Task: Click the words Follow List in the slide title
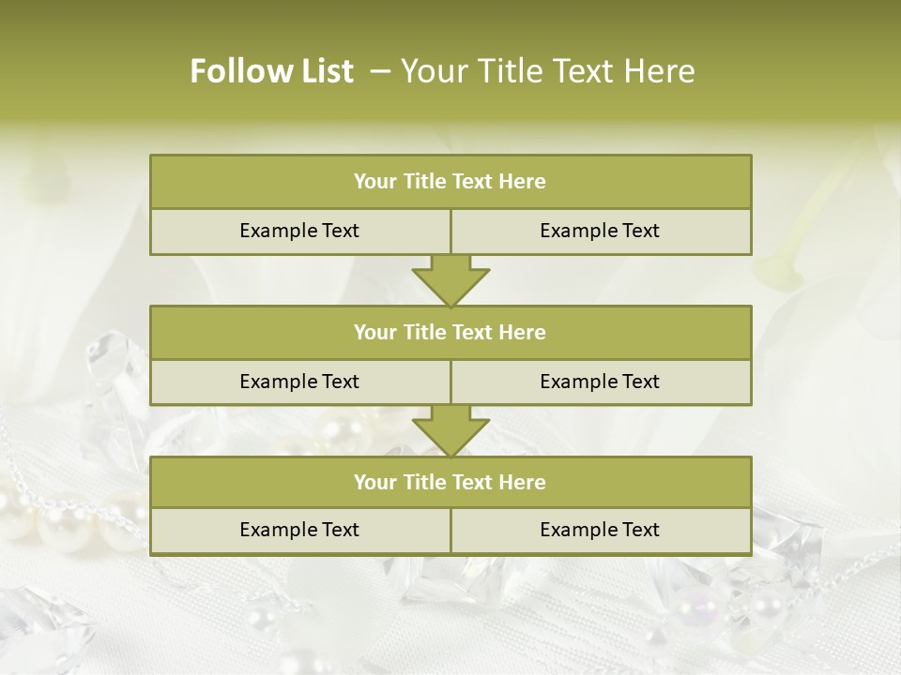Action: (271, 71)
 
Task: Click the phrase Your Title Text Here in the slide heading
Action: (548, 71)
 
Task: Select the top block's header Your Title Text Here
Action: (450, 182)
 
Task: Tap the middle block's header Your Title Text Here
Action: (450, 333)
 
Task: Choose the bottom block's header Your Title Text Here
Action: (450, 483)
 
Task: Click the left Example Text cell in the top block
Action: (299, 232)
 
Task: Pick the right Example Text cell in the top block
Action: (600, 232)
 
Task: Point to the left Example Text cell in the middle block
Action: (299, 382)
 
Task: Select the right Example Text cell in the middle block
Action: (600, 382)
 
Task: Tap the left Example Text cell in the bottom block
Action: (299, 531)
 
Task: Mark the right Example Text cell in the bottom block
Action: (600, 531)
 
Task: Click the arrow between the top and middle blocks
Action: (450, 280)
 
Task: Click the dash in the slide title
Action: (380, 71)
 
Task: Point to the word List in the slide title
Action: (325, 71)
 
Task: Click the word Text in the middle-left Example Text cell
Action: (339, 382)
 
